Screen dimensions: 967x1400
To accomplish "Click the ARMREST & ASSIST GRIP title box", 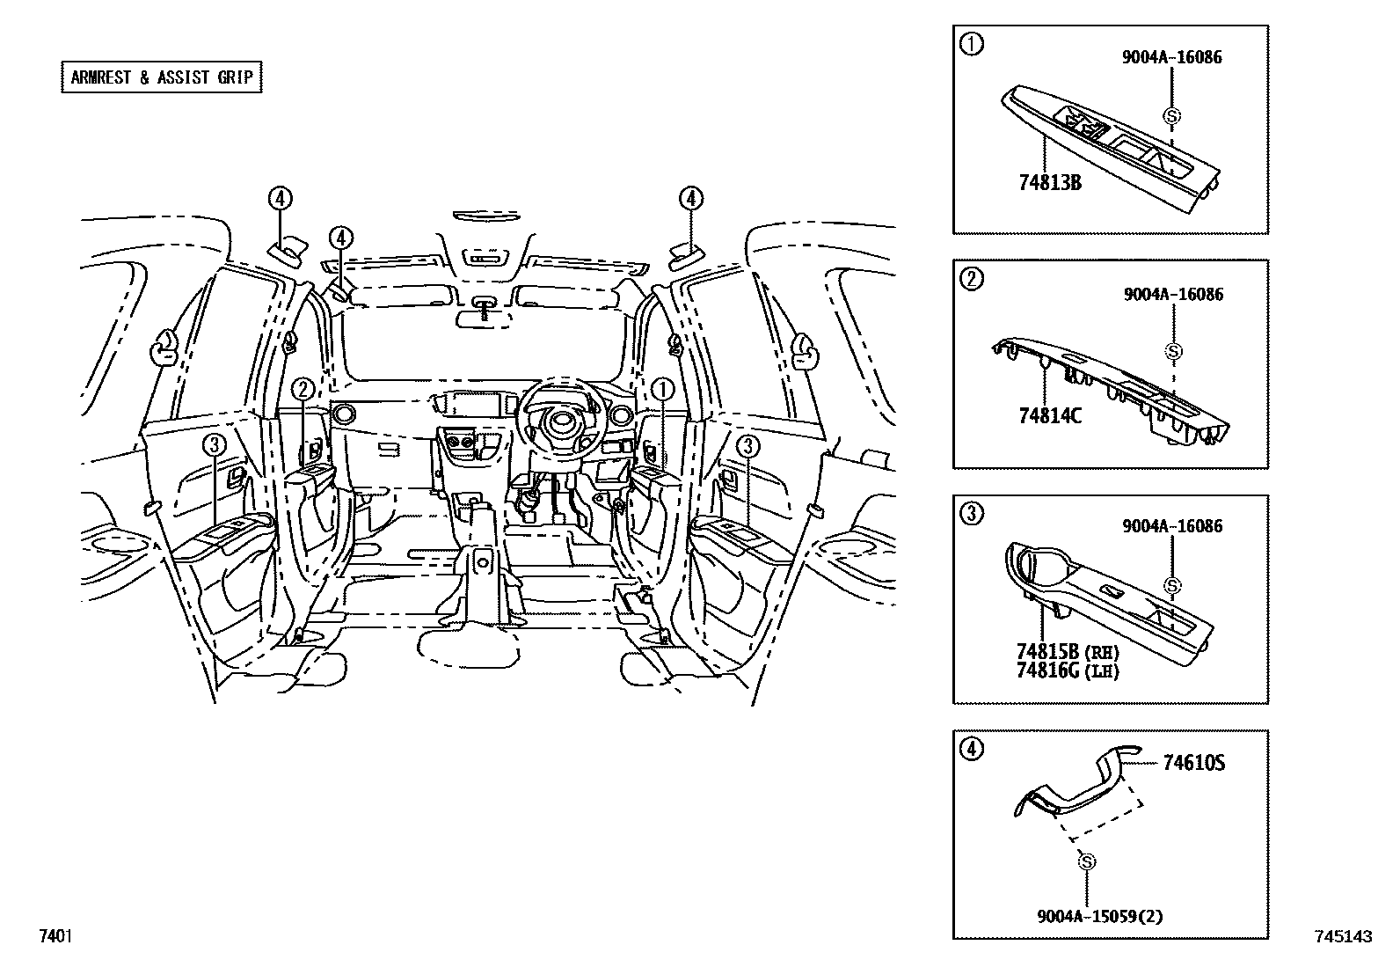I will pos(162,77).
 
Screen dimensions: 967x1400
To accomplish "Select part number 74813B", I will pos(1049,183).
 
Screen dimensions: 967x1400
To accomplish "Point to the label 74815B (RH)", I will pos(1067,652).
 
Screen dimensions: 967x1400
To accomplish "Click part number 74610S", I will pos(1193,763).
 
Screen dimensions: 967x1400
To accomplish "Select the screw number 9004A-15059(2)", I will pos(1099,916).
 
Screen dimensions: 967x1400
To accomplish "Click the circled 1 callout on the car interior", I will pos(662,388).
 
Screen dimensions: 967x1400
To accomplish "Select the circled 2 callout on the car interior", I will pos(303,388).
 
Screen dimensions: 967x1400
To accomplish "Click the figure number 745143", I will pos(1343,937).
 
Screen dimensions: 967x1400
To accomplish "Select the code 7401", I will pos(55,936).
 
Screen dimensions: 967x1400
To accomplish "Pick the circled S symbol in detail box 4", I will pos(1086,861).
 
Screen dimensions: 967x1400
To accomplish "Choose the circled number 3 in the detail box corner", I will pos(971,515).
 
